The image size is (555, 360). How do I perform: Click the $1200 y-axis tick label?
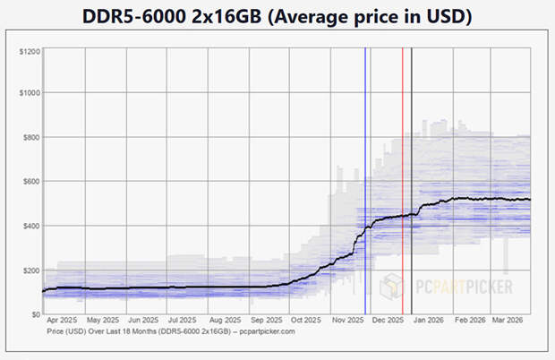[x=29, y=51]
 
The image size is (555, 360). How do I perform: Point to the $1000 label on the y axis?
[x=29, y=93]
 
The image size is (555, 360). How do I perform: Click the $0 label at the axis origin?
[x=35, y=314]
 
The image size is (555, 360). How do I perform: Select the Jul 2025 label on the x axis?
[x=185, y=320]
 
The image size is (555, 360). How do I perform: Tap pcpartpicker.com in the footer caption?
[x=267, y=330]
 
